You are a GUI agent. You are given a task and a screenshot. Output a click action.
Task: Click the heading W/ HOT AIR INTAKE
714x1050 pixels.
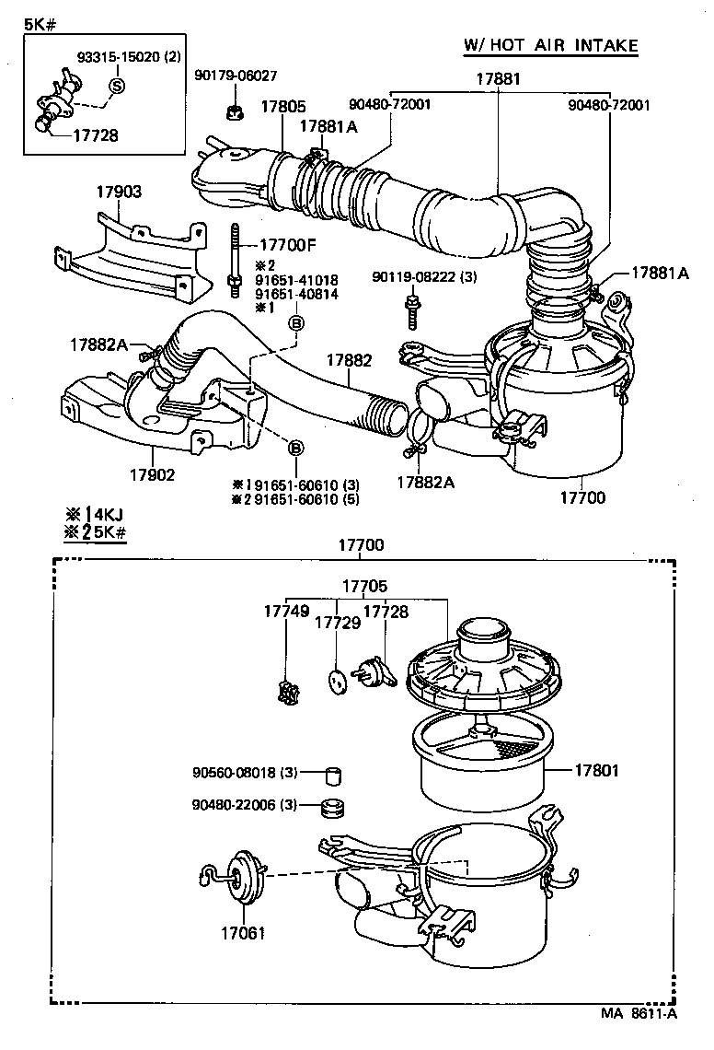551,45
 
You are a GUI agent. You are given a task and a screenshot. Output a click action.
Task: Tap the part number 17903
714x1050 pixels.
120,192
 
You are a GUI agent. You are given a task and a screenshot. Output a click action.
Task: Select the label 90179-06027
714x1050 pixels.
236,76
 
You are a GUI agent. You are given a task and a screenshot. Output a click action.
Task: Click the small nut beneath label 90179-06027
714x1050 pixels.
233,113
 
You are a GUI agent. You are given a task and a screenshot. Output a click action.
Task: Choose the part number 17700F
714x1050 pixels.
288,246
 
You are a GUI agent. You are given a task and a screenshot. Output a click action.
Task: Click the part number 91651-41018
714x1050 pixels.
296,280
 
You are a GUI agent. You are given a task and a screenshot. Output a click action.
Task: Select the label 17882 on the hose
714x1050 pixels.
348,360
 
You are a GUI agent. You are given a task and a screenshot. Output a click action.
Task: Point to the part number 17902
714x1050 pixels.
152,475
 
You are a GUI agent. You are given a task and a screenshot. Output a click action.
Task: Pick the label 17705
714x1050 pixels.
365,586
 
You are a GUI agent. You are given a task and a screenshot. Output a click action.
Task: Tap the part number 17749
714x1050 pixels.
283,612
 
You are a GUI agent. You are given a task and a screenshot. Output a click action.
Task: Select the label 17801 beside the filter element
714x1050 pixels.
598,770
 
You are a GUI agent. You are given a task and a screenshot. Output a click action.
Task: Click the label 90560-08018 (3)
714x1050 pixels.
245,772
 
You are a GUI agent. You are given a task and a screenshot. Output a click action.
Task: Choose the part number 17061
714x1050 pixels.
243,932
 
